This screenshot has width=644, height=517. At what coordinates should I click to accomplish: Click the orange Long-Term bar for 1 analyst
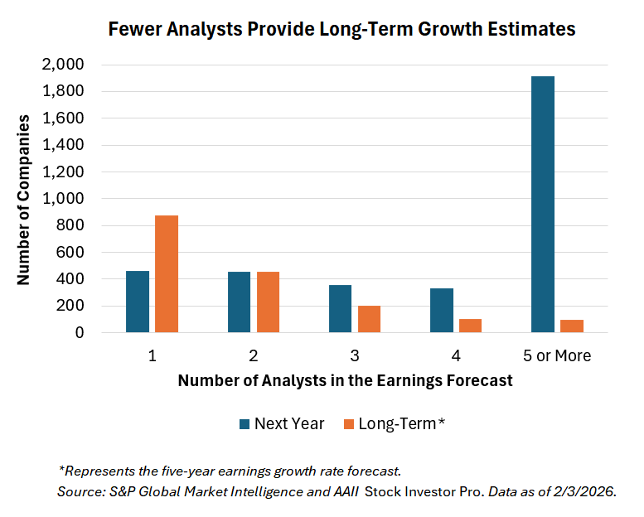point(167,274)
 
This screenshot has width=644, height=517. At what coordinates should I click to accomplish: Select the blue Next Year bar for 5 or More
point(543,205)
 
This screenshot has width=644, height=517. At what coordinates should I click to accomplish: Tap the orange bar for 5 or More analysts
point(572,326)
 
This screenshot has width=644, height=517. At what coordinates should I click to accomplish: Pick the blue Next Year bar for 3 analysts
point(340,309)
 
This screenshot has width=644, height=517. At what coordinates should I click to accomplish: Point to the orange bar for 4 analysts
point(470,326)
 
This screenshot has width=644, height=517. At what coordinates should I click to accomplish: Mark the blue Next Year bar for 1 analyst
point(138,302)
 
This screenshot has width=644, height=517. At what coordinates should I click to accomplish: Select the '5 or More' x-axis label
point(557,356)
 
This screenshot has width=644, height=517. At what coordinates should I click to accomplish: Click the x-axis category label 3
point(355,356)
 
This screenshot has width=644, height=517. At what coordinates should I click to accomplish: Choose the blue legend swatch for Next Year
point(245,424)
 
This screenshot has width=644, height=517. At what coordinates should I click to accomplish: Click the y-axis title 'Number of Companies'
point(24,199)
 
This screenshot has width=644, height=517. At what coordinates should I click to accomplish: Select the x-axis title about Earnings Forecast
point(345,381)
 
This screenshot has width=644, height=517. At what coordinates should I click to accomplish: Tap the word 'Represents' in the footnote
point(99,471)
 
